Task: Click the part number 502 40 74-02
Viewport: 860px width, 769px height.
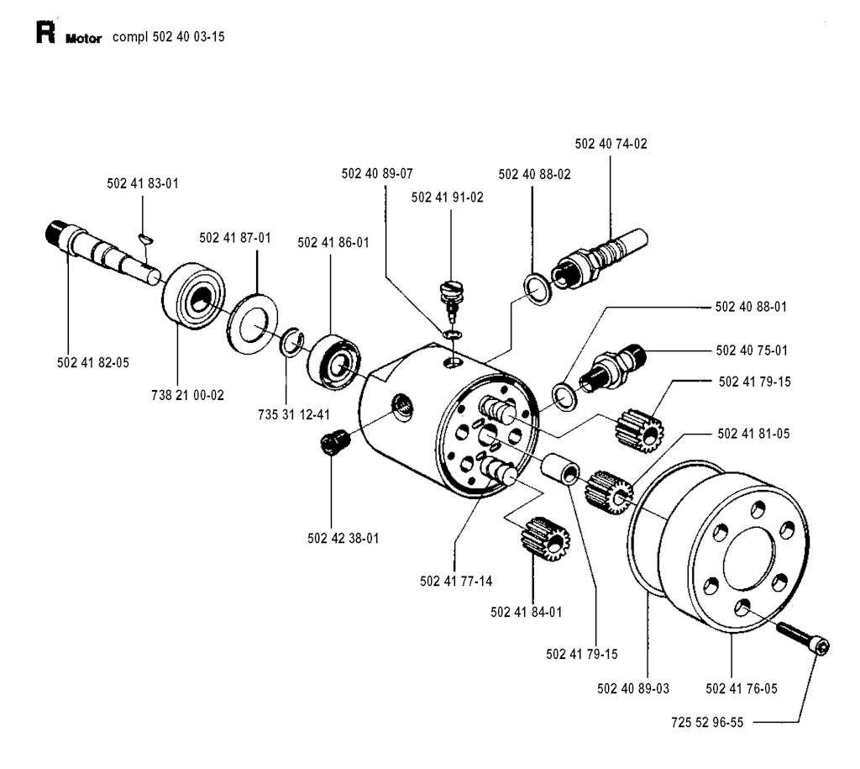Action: point(611,144)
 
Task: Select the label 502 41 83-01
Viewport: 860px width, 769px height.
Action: point(143,182)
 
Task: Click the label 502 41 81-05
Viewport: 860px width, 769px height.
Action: point(753,435)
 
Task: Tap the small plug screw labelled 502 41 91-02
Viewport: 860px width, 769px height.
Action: point(452,297)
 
